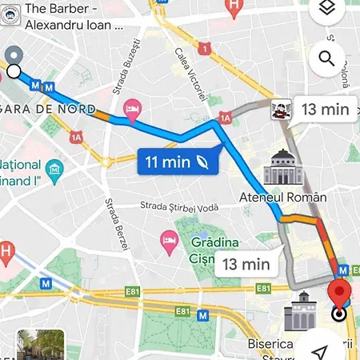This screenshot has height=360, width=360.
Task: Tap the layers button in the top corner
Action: tap(326, 9)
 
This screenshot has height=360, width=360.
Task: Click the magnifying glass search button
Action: tap(326, 58)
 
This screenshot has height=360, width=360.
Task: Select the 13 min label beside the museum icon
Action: tap(326, 110)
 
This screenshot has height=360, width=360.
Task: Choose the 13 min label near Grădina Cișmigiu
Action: tap(246, 263)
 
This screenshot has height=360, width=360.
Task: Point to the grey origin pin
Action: tap(14, 55)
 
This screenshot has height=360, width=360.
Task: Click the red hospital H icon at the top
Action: tap(234, 7)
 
